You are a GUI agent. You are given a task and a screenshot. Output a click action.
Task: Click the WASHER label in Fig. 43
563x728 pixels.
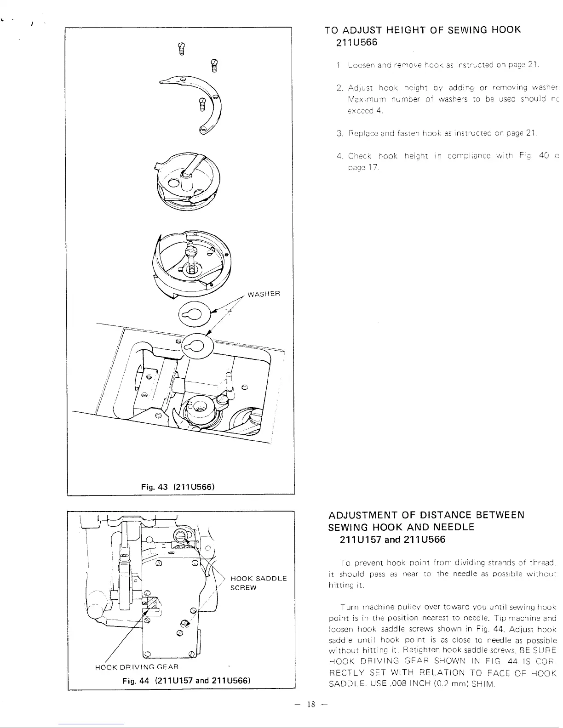point(264,294)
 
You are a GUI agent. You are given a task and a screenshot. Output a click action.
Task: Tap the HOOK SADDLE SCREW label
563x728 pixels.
point(258,583)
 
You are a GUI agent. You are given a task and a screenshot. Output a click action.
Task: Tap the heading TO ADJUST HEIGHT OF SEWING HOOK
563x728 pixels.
point(422,30)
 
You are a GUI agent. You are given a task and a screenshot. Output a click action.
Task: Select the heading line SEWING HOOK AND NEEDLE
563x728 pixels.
point(401,527)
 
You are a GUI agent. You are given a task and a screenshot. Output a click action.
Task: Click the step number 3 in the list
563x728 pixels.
point(338,134)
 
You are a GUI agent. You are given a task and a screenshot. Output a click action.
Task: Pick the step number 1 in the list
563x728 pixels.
point(338,64)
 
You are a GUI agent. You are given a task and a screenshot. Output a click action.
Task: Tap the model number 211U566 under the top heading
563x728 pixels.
point(357,43)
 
